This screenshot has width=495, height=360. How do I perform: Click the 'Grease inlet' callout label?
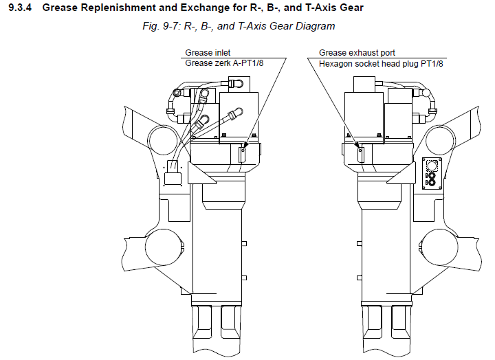click(208, 53)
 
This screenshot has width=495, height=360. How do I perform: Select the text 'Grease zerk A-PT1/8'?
click(225, 63)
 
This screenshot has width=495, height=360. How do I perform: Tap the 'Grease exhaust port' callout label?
click(357, 53)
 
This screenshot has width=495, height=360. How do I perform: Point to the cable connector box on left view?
click(172, 177)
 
